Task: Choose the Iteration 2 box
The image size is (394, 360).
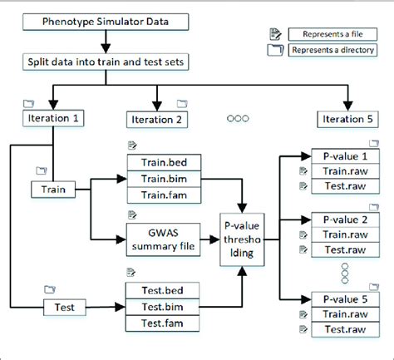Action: pos(156,120)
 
